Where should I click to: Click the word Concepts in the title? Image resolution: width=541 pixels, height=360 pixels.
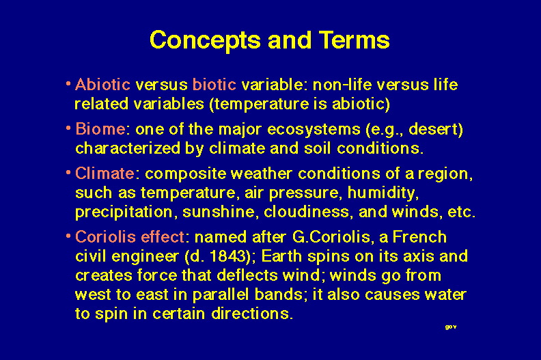coord(206,41)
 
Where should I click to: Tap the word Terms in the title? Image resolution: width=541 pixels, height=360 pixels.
coord(354,40)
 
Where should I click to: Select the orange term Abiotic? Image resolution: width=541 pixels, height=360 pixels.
coord(102,85)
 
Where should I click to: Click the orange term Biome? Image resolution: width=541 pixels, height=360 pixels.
coord(100,129)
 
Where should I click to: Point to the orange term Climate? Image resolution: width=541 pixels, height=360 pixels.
coord(105,174)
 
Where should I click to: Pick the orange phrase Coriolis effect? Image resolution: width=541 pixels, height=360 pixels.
coord(130,237)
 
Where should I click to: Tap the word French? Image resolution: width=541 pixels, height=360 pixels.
coord(419,237)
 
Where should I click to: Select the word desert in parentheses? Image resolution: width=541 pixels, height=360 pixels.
coord(433,129)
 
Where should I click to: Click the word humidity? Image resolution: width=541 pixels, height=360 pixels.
coord(383,193)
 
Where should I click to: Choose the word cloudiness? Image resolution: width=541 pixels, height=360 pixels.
coord(307,212)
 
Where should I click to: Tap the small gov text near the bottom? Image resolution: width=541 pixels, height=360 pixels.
coord(451,327)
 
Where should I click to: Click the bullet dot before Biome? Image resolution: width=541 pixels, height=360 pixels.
coord(68,128)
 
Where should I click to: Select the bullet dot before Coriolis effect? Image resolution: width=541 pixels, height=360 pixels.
coord(68,236)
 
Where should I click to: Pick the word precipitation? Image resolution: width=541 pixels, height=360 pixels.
coord(124,212)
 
